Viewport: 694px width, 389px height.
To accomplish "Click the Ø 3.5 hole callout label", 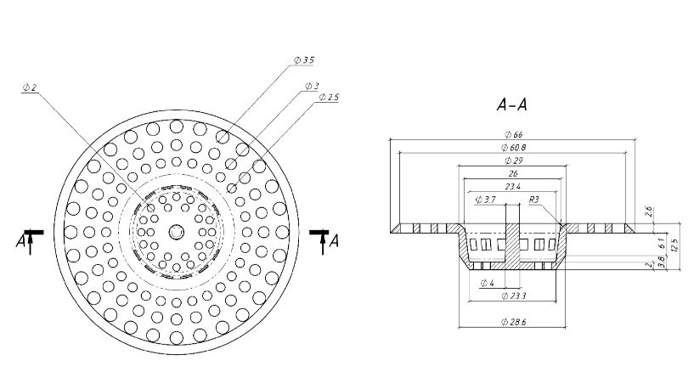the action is [x=304, y=59].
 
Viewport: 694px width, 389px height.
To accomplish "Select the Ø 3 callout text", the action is [x=312, y=86].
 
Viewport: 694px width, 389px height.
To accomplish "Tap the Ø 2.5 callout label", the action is [x=329, y=97].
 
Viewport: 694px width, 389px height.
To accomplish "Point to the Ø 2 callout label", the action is [x=30, y=87].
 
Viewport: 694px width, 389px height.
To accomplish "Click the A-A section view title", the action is [x=512, y=104].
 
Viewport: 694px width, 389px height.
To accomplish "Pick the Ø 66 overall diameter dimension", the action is [x=513, y=134].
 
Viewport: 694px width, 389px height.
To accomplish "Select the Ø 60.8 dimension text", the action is [x=513, y=148].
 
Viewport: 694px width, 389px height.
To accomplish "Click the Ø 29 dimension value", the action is [x=513, y=161].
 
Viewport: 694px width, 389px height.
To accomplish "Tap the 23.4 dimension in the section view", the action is [x=513, y=186].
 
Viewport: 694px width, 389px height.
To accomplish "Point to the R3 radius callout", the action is [x=534, y=199].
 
